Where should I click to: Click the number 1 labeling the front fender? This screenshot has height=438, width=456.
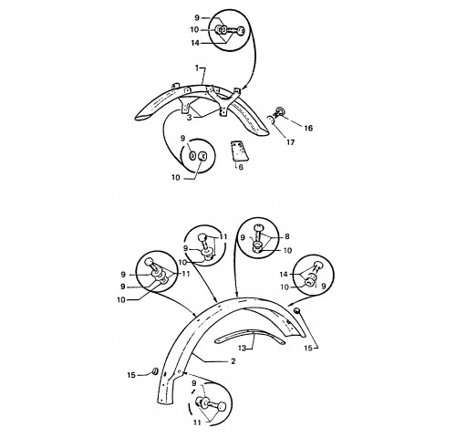pos(197,68)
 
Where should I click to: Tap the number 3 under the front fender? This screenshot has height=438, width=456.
pos(190,118)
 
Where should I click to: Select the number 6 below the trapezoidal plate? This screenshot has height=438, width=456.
pos(241,167)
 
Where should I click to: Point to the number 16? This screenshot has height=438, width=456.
pos(308,128)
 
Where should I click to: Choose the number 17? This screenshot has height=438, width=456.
pos(291,142)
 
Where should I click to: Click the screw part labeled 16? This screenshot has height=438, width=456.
pos(279,113)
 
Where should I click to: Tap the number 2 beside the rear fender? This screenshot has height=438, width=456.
pos(233,361)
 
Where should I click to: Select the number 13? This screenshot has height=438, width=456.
pos(242,348)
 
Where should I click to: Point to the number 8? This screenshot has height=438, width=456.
pos(287,236)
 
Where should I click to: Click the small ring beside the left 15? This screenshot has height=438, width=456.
pos(154,371)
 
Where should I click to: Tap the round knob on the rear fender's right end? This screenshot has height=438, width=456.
pos(297,310)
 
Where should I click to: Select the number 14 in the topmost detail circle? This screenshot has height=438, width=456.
pos(195,43)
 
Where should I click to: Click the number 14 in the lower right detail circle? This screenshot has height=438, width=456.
pos(284,275)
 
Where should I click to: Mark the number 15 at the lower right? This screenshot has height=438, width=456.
pos(308,348)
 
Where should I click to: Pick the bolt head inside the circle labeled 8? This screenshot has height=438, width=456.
pos(258,227)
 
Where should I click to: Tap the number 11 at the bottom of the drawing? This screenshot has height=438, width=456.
pos(197,422)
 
